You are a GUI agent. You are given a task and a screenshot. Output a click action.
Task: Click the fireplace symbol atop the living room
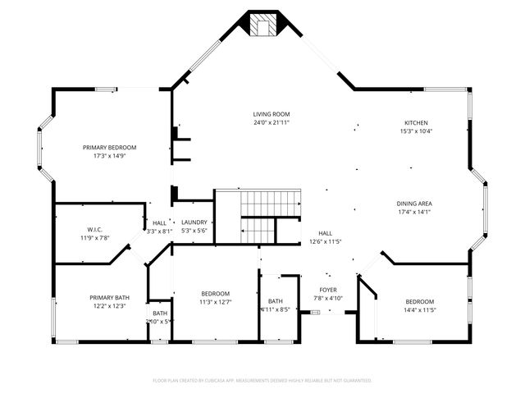[262, 25]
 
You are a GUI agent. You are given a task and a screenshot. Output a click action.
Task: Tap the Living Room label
[271, 114]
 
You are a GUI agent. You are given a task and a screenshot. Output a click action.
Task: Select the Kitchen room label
[416, 122]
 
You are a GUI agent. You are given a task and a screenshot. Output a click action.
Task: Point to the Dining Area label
[414, 204]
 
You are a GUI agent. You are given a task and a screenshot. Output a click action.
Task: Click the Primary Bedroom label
[109, 147]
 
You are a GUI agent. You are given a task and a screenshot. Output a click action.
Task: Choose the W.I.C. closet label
[94, 229]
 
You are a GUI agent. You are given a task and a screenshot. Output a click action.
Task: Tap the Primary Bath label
[109, 297]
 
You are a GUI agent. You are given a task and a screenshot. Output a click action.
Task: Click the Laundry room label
[194, 222]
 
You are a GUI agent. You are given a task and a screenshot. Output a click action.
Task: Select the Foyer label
[328, 290]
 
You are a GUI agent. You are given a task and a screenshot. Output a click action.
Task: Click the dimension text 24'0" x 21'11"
[271, 122]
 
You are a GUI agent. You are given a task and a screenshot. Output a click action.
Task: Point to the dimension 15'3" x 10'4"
[416, 131]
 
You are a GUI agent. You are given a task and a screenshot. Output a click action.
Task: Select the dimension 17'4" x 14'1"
[414, 212]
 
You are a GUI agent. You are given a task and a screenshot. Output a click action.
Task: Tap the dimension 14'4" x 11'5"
[419, 310]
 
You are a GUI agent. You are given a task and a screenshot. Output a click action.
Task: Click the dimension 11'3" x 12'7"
[216, 302]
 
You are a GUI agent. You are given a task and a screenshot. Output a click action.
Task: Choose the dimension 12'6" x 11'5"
[326, 242]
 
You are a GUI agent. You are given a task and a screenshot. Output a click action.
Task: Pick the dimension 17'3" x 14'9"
[109, 155]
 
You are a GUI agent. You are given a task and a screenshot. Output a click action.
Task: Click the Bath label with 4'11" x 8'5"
[275, 301]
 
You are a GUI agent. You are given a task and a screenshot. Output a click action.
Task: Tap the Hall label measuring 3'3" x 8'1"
[159, 222]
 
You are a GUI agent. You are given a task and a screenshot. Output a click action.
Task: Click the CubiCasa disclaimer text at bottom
[262, 380]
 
